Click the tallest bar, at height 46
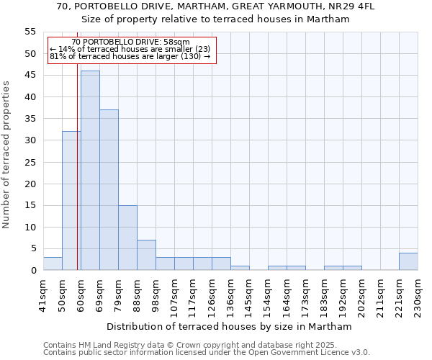(x=90, y=171)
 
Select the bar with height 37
(x=109, y=190)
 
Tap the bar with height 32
(x=71, y=201)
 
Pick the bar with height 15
(x=127, y=238)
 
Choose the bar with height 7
(x=146, y=255)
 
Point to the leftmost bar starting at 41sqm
(x=53, y=264)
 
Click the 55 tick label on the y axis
(x=30, y=32)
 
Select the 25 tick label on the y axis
(x=30, y=162)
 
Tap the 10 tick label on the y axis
(x=30, y=227)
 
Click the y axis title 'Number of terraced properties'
(x=7, y=154)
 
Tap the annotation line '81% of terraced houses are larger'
(x=130, y=56)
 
